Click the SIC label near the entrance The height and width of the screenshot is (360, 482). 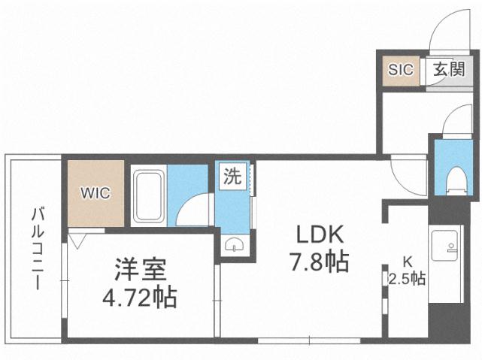click(401, 70)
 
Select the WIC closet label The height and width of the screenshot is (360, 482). click(95, 193)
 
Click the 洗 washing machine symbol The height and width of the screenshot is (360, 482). click(232, 178)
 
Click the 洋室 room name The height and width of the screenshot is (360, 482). click(140, 269)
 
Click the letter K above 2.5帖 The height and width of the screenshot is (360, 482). click(407, 262)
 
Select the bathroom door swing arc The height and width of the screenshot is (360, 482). click(196, 209)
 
